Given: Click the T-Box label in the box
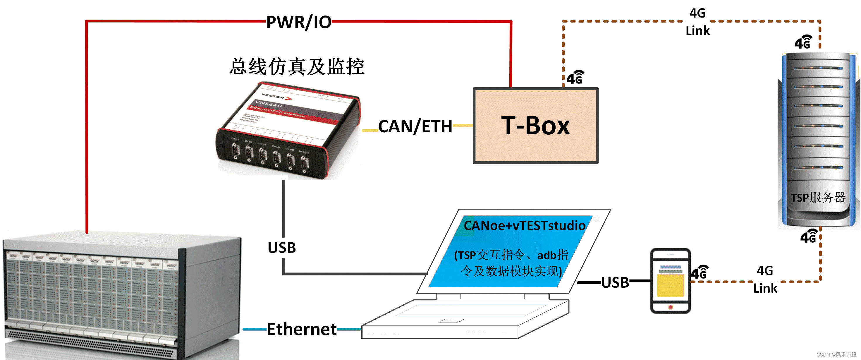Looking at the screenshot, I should coord(535,126).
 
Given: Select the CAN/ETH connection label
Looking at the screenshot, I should coord(415,126).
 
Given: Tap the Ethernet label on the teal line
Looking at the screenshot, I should coord(302,329).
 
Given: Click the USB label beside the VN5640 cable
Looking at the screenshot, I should coord(282,248).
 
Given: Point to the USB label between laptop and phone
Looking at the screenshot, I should coord(615,282).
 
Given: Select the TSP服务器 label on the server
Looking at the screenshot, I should coord(818,197).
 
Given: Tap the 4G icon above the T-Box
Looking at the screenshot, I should coord(575,78).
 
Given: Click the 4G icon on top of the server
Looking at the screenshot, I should coord(803,42).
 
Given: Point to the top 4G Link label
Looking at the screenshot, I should coord(697,22).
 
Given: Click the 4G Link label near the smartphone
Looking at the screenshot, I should coord(765,280).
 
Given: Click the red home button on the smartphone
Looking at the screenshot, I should coord(670,307).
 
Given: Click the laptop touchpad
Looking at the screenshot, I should coord(451,320).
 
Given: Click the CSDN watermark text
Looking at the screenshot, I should coord(836,354).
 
